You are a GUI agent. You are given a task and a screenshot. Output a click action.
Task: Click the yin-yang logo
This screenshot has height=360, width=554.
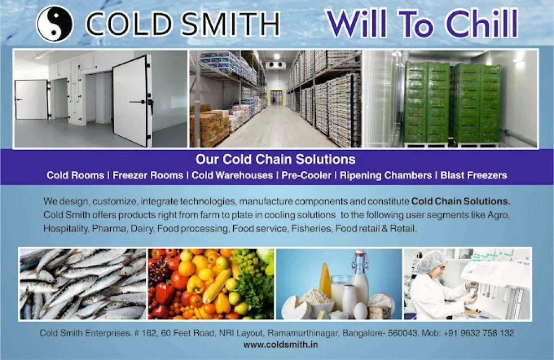55,24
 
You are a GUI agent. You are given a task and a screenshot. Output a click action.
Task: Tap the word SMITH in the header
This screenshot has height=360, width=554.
231,25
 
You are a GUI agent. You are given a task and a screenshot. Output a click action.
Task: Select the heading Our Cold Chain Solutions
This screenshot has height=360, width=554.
275,160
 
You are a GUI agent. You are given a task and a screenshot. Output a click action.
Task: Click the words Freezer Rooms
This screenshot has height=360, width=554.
148,176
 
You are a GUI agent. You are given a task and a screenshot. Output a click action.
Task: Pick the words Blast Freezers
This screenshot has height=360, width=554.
474,176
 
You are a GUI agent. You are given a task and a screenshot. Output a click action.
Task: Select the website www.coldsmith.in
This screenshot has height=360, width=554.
280,344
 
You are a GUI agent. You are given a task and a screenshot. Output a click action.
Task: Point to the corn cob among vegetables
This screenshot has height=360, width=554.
216,286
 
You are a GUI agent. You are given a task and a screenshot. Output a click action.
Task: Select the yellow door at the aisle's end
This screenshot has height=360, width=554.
276,97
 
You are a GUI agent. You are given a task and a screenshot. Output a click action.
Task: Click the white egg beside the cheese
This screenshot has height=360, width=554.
360,311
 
